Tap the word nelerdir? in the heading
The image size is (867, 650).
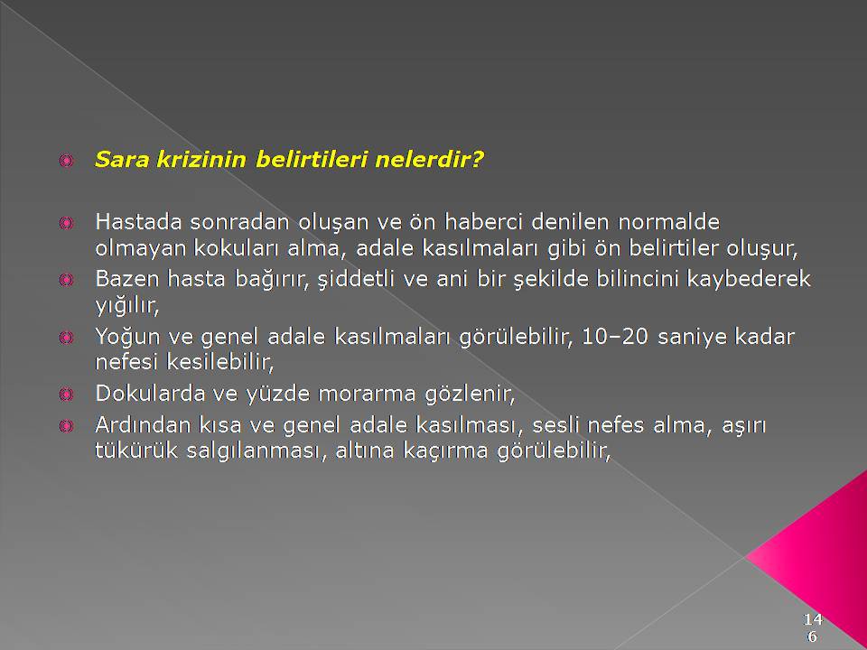pos(429,160)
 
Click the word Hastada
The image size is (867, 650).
pos(139,222)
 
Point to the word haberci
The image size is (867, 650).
pos(484,222)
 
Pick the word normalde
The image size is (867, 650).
pos(668,222)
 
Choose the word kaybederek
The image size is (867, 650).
pos(748,280)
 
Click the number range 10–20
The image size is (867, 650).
pos(614,337)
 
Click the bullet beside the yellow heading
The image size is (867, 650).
pos(66,161)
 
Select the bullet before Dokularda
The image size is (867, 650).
pos(66,395)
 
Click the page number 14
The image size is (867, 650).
pos(813,618)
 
